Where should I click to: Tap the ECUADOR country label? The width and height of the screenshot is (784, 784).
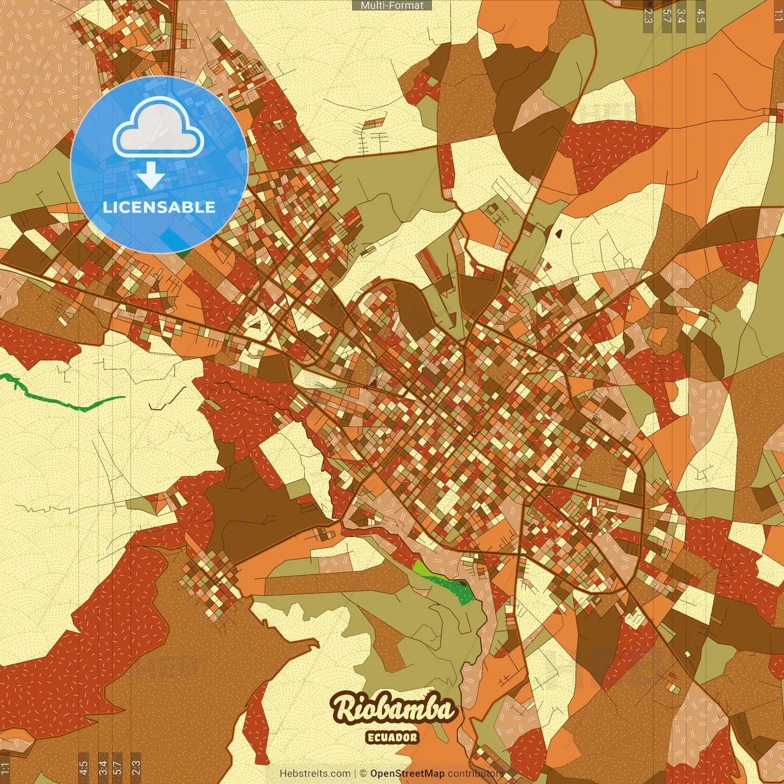coord(392,737)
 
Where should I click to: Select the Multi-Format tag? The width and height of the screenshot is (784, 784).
coord(392,6)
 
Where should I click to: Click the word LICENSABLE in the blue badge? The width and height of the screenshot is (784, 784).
coord(159,207)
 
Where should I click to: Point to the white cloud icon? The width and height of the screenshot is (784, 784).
coord(158,127)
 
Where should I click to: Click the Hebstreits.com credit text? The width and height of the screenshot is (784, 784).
coord(315,774)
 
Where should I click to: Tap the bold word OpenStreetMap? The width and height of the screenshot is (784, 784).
coord(407,774)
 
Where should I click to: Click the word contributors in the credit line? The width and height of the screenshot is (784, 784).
coord(475,774)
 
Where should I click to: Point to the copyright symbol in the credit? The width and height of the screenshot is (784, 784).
coord(363,774)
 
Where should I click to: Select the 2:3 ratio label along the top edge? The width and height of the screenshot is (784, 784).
coord(648,16)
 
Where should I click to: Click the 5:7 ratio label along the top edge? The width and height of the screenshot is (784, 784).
coord(666,16)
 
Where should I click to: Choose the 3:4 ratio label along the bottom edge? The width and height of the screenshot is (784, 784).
coord(102,767)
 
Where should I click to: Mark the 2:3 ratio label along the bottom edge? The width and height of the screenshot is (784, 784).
coord(136,767)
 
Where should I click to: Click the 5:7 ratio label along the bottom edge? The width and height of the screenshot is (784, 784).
coord(118,767)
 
